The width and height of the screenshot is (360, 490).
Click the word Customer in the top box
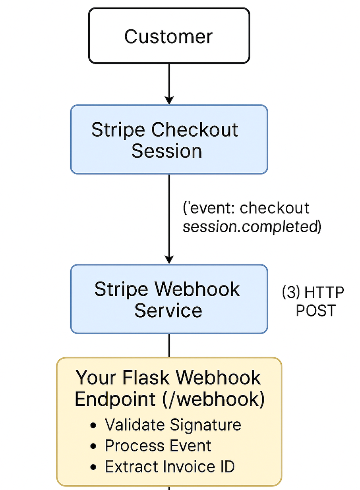coord(168,37)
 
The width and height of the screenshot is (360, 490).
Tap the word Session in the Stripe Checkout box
coord(167,151)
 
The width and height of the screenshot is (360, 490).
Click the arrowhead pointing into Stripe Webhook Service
coord(169,259)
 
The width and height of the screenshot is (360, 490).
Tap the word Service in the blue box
coord(168,310)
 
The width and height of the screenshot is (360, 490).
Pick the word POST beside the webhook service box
coord(316,310)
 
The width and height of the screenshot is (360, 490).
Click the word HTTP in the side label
coord(324,293)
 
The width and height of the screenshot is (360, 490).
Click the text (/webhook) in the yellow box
coord(214,399)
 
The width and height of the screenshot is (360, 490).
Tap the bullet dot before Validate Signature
coord(94,425)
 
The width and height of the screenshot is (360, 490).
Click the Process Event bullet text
coord(158,446)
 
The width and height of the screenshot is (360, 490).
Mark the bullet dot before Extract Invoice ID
coord(94,467)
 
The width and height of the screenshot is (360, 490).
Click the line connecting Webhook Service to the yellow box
coord(169,345)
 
